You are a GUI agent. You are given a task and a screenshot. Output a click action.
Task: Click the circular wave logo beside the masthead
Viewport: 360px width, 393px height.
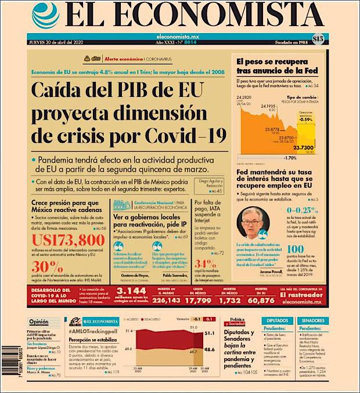tap(46, 16)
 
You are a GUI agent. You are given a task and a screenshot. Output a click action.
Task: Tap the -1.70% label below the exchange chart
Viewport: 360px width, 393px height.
tap(290, 158)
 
